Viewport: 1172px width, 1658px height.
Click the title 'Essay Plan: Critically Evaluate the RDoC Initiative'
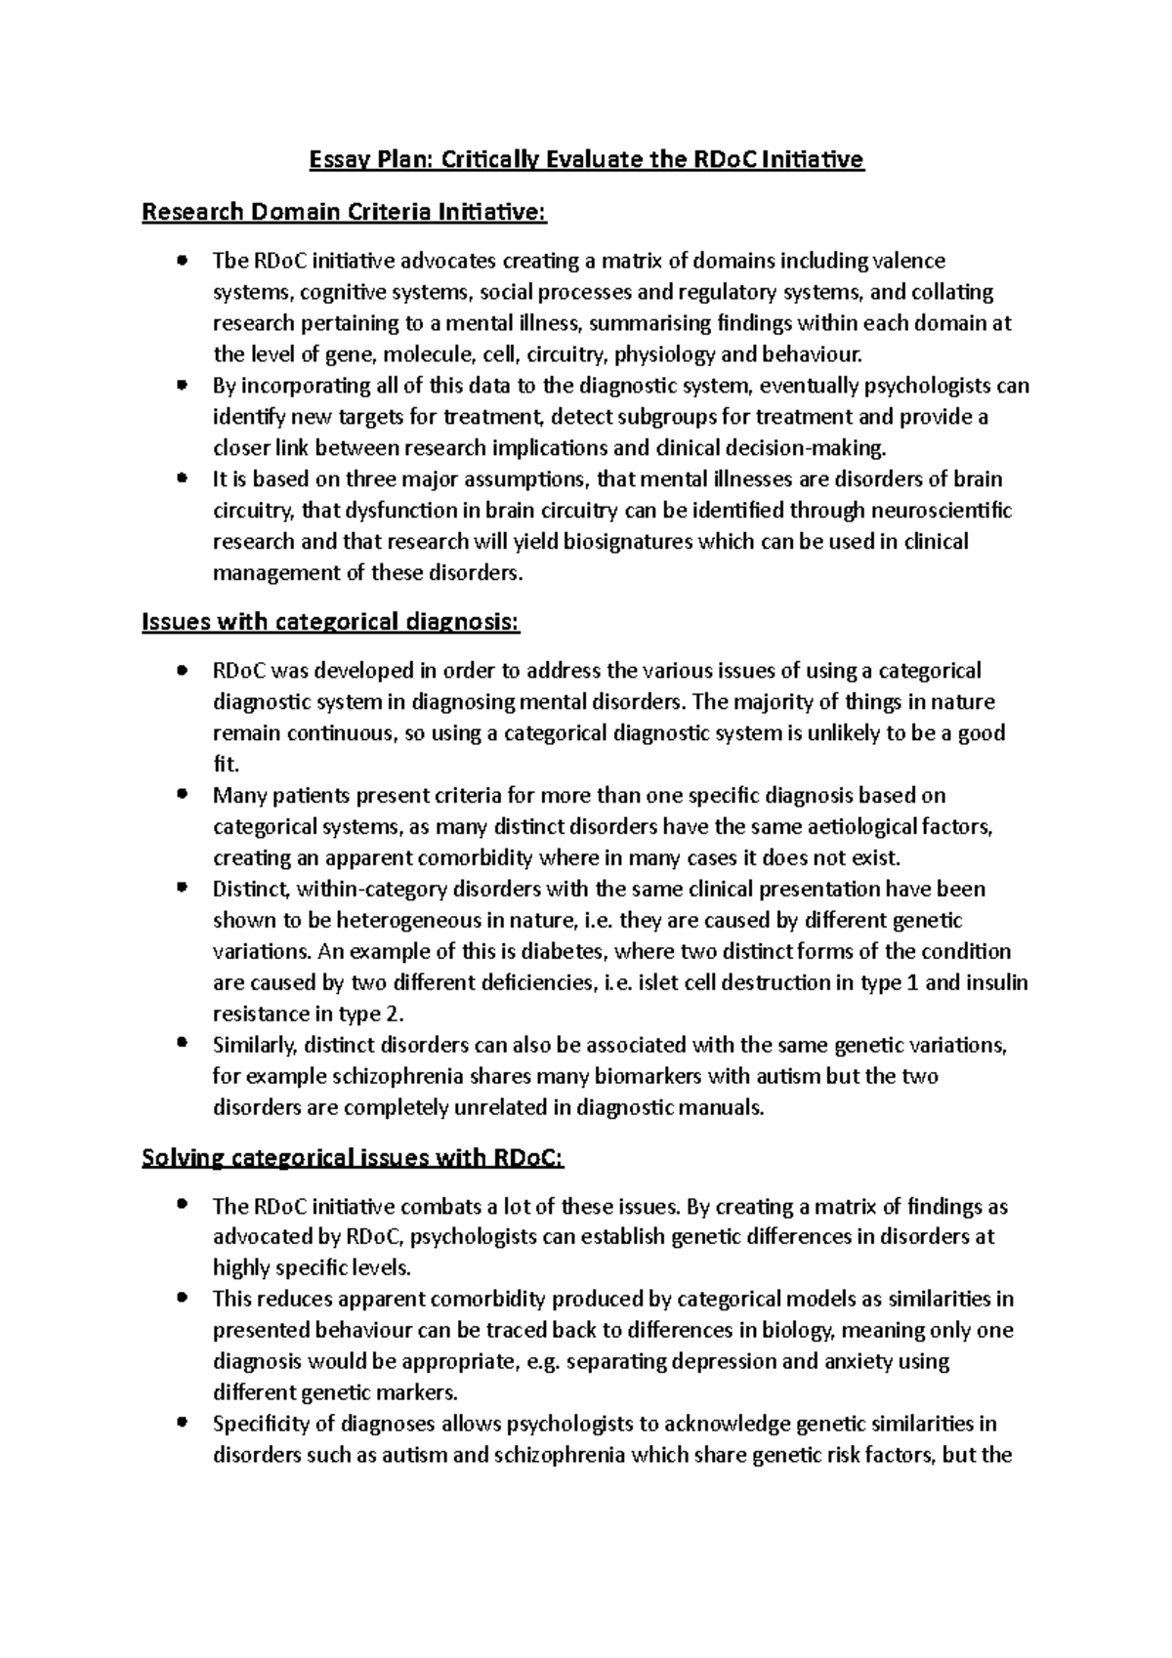pyautogui.click(x=586, y=159)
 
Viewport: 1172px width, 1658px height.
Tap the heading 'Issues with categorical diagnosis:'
pyautogui.click(x=331, y=622)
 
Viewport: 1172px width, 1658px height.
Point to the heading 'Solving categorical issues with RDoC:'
pyautogui.click(x=353, y=1158)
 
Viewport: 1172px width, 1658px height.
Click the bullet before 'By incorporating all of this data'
pyautogui.click(x=182, y=386)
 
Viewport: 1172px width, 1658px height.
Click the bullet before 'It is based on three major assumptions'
pyautogui.click(x=182, y=479)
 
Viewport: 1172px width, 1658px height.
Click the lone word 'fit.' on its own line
pyautogui.click(x=226, y=765)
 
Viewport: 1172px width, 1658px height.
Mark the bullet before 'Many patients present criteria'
pyautogui.click(x=182, y=796)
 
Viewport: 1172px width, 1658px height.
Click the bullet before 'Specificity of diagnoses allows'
pyautogui.click(x=182, y=1424)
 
